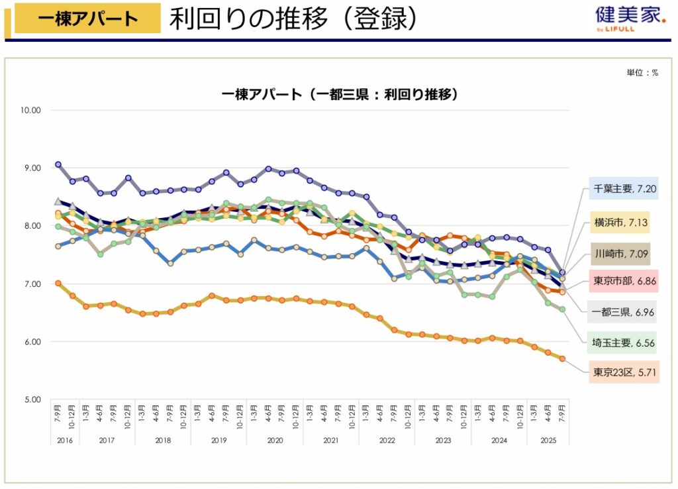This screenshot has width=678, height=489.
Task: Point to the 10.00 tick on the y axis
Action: pyautogui.click(x=31, y=110)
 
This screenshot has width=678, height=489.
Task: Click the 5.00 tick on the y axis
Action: pyautogui.click(x=32, y=400)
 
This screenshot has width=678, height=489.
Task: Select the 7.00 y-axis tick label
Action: pyautogui.click(x=32, y=284)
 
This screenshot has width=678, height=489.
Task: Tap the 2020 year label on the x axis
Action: pyautogui.click(x=275, y=439)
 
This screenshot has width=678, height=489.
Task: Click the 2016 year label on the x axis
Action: pyautogui.click(x=64, y=439)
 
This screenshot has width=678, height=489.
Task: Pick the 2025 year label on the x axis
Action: pyautogui.click(x=548, y=439)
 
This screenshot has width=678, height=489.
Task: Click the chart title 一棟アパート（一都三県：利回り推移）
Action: pyautogui.click(x=340, y=95)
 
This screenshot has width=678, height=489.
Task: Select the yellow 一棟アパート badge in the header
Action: pyautogui.click(x=87, y=19)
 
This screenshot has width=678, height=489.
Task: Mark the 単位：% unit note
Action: pyautogui.click(x=642, y=73)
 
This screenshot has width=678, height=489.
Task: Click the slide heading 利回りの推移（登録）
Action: pyautogui.click(x=293, y=19)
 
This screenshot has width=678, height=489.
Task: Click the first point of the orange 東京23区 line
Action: pyautogui.click(x=58, y=283)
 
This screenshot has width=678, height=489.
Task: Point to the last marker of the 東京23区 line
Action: pyautogui.click(x=562, y=358)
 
